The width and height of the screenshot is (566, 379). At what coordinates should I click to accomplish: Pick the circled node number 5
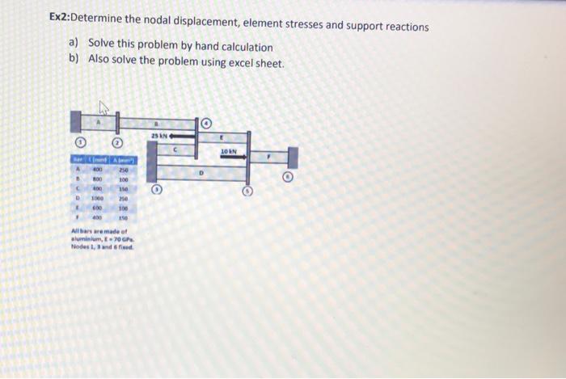249,192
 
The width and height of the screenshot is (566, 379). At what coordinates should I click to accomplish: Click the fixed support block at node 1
77,123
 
